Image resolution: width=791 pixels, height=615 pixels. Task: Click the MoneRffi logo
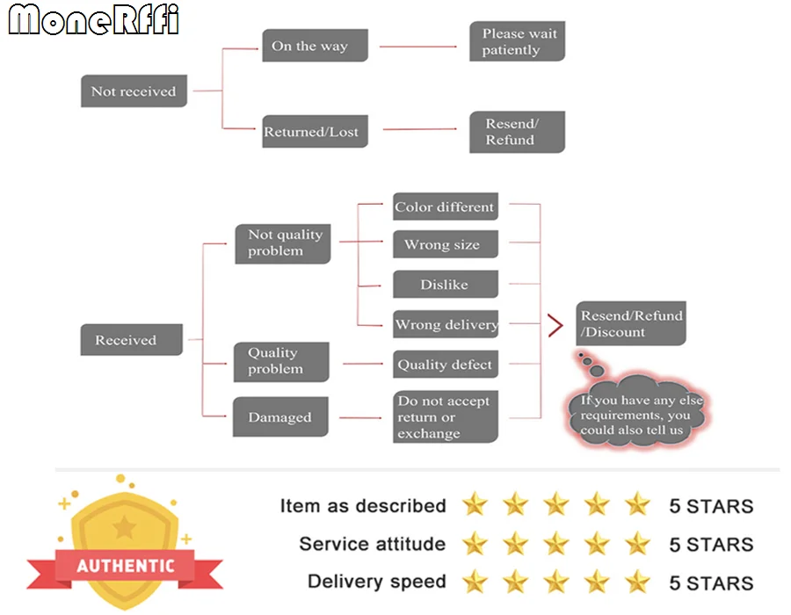coord(94,19)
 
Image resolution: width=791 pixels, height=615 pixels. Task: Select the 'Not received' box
coord(134,90)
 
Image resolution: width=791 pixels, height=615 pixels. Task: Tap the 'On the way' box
coord(315,46)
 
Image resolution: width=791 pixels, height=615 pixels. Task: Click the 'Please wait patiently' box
coord(517,41)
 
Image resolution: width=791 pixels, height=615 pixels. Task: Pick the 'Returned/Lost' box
coord(315,131)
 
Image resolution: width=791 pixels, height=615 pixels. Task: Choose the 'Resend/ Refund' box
coord(517,132)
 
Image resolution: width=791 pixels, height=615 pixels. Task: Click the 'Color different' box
coord(446,206)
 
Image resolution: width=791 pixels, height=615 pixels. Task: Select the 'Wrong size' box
coord(446,244)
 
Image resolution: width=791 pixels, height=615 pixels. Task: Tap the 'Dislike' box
coord(446,284)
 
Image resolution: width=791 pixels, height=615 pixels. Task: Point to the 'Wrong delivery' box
coord(446,323)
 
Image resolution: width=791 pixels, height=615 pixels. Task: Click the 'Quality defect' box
coord(446,364)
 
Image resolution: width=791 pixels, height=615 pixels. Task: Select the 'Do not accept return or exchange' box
coord(446,416)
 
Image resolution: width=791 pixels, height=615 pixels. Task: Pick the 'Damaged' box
coord(280,416)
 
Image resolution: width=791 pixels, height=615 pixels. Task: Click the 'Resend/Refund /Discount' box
coord(631,323)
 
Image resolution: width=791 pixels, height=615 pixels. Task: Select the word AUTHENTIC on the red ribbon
coord(126,566)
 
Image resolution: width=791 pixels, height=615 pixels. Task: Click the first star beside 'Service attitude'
coord(475,544)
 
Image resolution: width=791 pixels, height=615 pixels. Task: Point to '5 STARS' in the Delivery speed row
coord(711,582)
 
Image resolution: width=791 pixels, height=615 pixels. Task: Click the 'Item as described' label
coord(363,505)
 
